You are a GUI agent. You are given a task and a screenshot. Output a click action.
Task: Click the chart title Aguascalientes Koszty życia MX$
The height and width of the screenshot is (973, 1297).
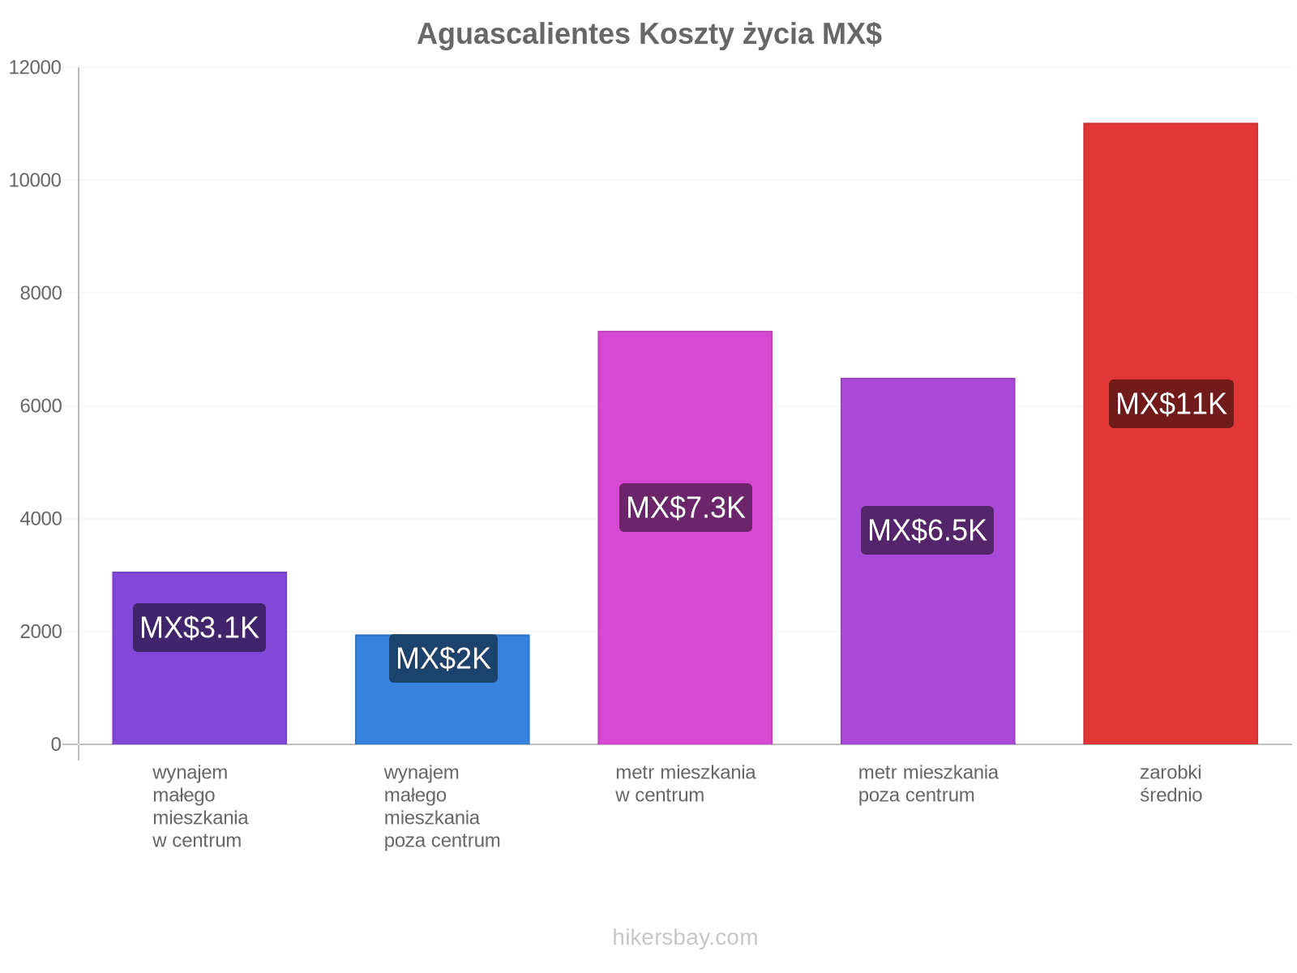click(648, 34)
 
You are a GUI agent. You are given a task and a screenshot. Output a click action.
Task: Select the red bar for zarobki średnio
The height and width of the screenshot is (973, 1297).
click(1170, 433)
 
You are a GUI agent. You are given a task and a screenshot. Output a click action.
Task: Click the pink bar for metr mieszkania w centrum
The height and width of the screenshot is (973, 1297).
click(685, 537)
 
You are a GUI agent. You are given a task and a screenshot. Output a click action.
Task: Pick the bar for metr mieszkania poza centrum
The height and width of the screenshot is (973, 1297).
click(927, 560)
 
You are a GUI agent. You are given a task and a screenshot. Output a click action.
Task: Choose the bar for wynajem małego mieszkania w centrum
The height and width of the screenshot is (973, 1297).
click(199, 658)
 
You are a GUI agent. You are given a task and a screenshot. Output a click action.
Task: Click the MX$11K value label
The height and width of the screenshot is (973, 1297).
click(1171, 404)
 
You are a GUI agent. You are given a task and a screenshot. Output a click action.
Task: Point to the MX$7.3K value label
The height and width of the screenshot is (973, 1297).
click(686, 508)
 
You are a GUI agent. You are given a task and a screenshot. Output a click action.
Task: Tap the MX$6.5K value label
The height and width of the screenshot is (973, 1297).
click(927, 530)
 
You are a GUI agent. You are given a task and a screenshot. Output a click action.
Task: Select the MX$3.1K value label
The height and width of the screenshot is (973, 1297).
click(199, 628)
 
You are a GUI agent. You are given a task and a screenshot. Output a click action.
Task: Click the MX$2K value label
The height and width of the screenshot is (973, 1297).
click(443, 658)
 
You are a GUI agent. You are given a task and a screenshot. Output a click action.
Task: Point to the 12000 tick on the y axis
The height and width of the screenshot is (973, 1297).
click(35, 67)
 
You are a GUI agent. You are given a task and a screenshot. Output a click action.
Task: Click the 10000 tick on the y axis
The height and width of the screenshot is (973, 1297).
click(35, 180)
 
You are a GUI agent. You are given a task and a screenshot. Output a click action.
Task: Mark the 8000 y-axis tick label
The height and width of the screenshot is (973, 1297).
click(41, 293)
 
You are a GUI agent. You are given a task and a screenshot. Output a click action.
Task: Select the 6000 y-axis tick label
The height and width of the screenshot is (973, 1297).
click(41, 406)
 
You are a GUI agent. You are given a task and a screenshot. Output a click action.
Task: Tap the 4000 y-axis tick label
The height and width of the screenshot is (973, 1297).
click(41, 519)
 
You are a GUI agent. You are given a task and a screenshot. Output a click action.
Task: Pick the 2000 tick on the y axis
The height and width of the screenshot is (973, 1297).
click(41, 632)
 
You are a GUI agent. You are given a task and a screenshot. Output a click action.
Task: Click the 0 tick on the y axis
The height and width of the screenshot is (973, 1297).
click(56, 744)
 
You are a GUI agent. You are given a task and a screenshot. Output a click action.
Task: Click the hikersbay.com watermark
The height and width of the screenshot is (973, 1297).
click(685, 937)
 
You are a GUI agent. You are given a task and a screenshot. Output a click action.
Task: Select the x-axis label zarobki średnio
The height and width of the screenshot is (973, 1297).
click(1171, 783)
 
